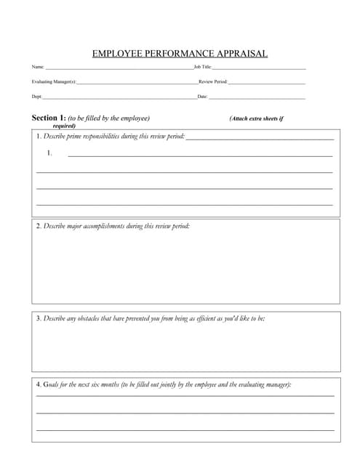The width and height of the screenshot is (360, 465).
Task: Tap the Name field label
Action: (x=37, y=67)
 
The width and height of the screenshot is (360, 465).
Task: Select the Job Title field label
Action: (x=202, y=67)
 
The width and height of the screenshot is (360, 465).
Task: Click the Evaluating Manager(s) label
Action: (x=53, y=82)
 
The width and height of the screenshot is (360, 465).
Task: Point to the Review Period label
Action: (x=213, y=82)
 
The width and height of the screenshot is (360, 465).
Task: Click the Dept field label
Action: (x=36, y=97)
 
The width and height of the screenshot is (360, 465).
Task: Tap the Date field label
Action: (x=202, y=97)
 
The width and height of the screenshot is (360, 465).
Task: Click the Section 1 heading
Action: (x=49, y=118)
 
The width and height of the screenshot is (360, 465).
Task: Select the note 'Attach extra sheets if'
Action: (x=256, y=118)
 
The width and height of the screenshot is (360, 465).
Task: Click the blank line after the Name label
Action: (x=116, y=68)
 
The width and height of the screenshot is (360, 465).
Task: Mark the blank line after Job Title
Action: (x=258, y=68)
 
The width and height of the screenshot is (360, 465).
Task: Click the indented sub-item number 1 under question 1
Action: (x=49, y=153)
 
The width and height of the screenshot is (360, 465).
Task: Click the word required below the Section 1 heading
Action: (x=64, y=126)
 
